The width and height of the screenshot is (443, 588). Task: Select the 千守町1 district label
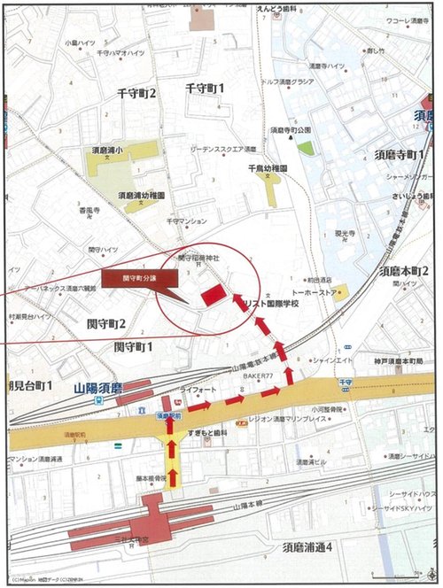pyautogui.click(x=205, y=88)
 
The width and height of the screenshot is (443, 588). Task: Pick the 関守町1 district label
pyautogui.click(x=133, y=346)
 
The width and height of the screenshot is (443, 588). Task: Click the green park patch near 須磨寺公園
pyautogui.click(x=306, y=148)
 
